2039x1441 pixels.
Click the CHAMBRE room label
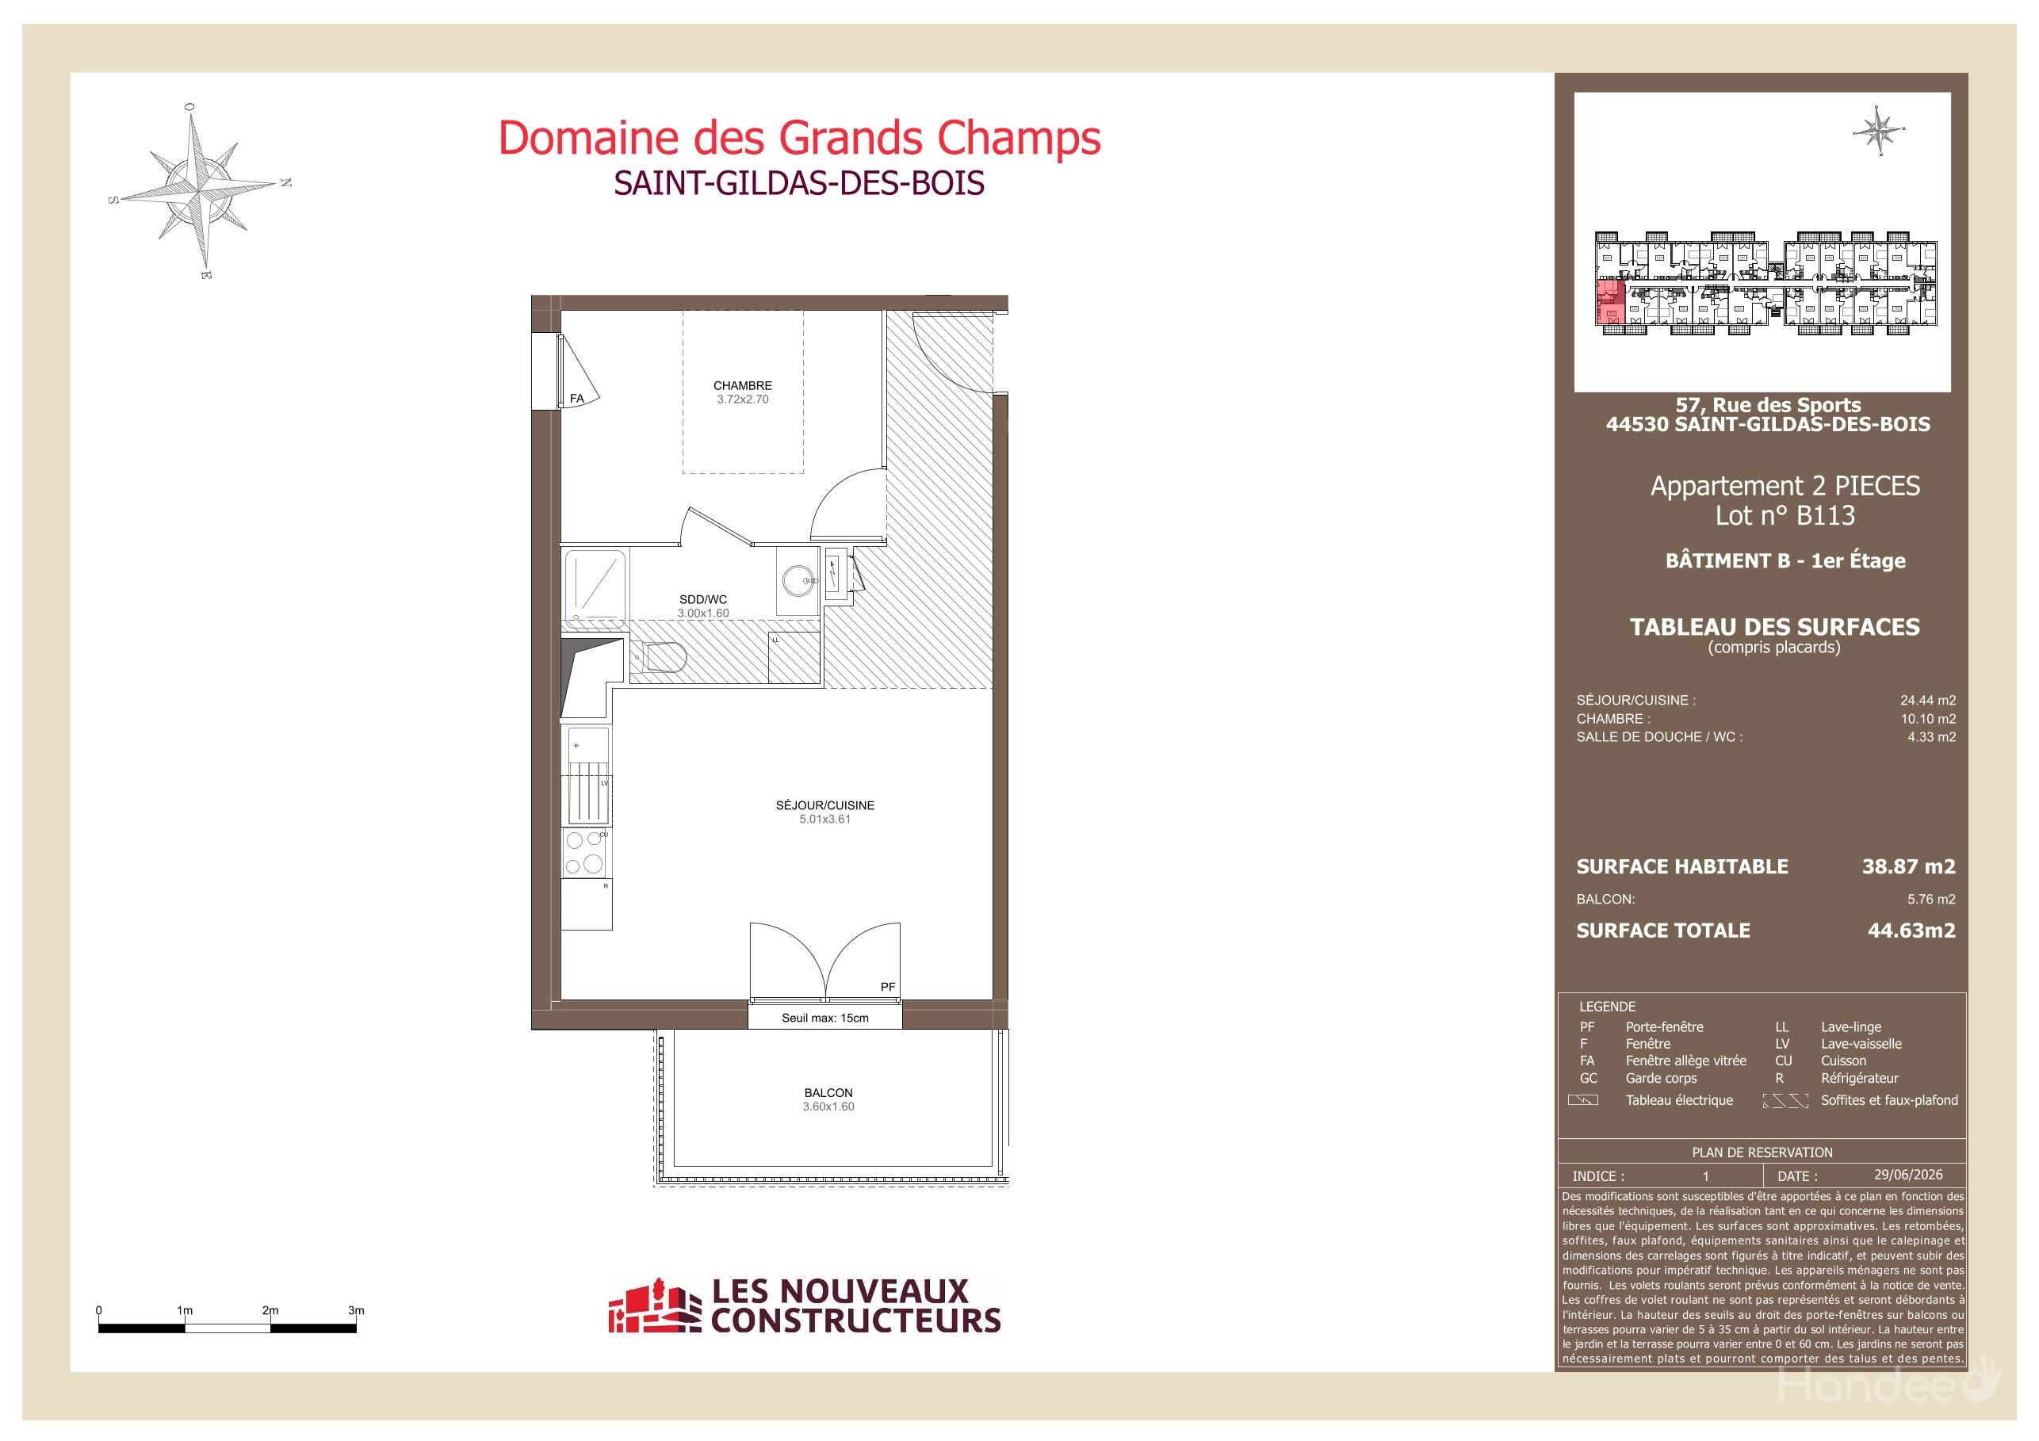coord(742,385)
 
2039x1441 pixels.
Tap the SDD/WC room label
coord(702,599)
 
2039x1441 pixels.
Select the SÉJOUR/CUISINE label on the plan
coord(825,805)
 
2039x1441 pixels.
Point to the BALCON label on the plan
coord(828,1093)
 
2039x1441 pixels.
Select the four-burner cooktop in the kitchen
coord(585,852)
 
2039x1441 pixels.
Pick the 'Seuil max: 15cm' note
coord(825,1019)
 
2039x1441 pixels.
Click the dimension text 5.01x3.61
coord(825,820)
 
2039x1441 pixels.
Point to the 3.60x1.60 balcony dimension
coord(828,1107)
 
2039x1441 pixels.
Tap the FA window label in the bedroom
coord(577,399)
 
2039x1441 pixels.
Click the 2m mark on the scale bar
coord(270,1310)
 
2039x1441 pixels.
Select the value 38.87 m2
coord(1908,866)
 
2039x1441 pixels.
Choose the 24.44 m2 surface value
coord(1928,701)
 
